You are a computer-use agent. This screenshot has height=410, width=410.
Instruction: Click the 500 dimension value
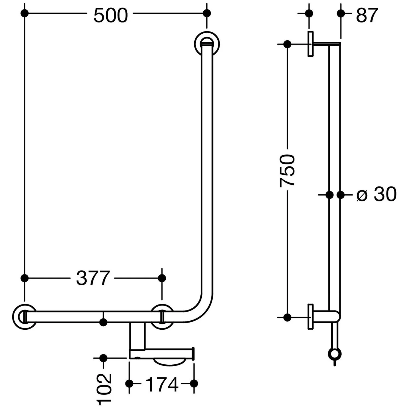point(111,15)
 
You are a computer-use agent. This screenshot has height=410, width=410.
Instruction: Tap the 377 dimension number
point(93,278)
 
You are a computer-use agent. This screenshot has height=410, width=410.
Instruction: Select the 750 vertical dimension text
point(287,171)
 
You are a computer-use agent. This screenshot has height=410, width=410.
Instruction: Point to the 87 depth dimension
point(367,15)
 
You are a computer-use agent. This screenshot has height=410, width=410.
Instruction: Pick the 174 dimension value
point(162,384)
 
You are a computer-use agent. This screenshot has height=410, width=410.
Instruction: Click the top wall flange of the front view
point(207,45)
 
